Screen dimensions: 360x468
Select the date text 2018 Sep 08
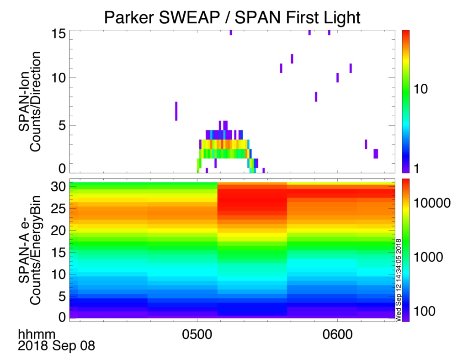(x=56, y=346)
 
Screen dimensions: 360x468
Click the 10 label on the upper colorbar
(x=420, y=89)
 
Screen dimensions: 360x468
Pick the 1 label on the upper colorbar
(x=417, y=168)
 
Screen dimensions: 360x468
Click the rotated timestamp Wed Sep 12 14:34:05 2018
(x=398, y=279)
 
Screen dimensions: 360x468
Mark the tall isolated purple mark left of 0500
(x=176, y=111)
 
